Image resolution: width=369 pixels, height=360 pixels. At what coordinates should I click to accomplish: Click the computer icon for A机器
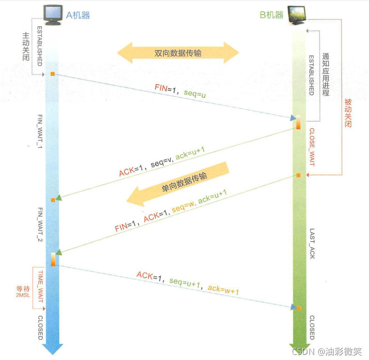point(52,14)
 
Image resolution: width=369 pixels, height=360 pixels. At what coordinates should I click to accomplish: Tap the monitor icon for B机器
point(297,14)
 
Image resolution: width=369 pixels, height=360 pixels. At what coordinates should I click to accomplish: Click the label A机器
point(78,15)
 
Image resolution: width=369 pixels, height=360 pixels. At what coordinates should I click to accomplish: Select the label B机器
point(271,15)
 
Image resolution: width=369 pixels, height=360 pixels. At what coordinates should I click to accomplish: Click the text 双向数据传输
point(178,53)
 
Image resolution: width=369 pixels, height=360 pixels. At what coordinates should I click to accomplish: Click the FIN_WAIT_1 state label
point(40,131)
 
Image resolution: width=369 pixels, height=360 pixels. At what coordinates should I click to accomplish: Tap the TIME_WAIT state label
point(40,285)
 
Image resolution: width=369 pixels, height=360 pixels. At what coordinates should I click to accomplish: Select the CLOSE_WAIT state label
point(311,146)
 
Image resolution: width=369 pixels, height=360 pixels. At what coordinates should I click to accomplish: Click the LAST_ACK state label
point(311,244)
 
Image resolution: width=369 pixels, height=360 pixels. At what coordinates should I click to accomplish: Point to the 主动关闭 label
point(26,46)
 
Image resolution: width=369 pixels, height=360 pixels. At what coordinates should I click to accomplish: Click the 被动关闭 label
point(348,112)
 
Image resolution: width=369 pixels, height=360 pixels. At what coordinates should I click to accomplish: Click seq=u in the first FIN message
point(196,93)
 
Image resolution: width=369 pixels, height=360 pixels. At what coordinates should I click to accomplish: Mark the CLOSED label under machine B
point(311,328)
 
